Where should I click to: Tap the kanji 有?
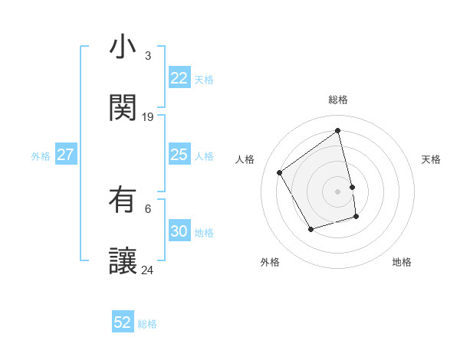(123, 200)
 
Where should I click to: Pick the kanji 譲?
(123, 261)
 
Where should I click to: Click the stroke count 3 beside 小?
(148, 56)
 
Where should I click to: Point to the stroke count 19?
(148, 117)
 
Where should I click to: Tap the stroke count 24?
(148, 270)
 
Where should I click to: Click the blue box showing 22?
(179, 78)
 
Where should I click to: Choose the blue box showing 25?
(179, 155)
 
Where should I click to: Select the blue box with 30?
(179, 231)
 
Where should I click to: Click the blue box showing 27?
(65, 155)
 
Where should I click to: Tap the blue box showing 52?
(123, 322)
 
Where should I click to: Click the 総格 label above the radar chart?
(338, 100)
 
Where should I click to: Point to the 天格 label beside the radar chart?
(431, 159)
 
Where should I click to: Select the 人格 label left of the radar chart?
(245, 159)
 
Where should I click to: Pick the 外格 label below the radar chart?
(270, 262)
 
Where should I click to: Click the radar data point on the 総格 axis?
(338, 130)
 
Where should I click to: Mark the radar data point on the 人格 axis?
(280, 172)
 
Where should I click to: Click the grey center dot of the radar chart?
(338, 191)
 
